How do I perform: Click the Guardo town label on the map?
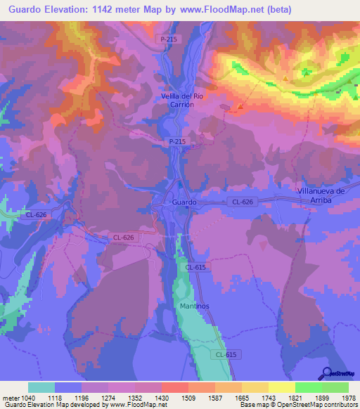[x=184, y=202]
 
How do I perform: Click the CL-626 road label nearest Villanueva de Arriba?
[x=241, y=202]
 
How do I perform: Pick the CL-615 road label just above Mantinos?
[x=196, y=267]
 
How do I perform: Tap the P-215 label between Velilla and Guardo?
[x=177, y=141]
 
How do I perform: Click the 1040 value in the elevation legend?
[x=27, y=398]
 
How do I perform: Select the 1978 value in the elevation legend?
[x=347, y=398]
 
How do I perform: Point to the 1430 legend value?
[x=161, y=398]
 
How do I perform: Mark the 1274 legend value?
[x=108, y=398]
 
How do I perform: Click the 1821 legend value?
[x=294, y=398]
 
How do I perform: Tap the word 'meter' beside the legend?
[x=10, y=398]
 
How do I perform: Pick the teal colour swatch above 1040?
[x=41, y=387]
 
